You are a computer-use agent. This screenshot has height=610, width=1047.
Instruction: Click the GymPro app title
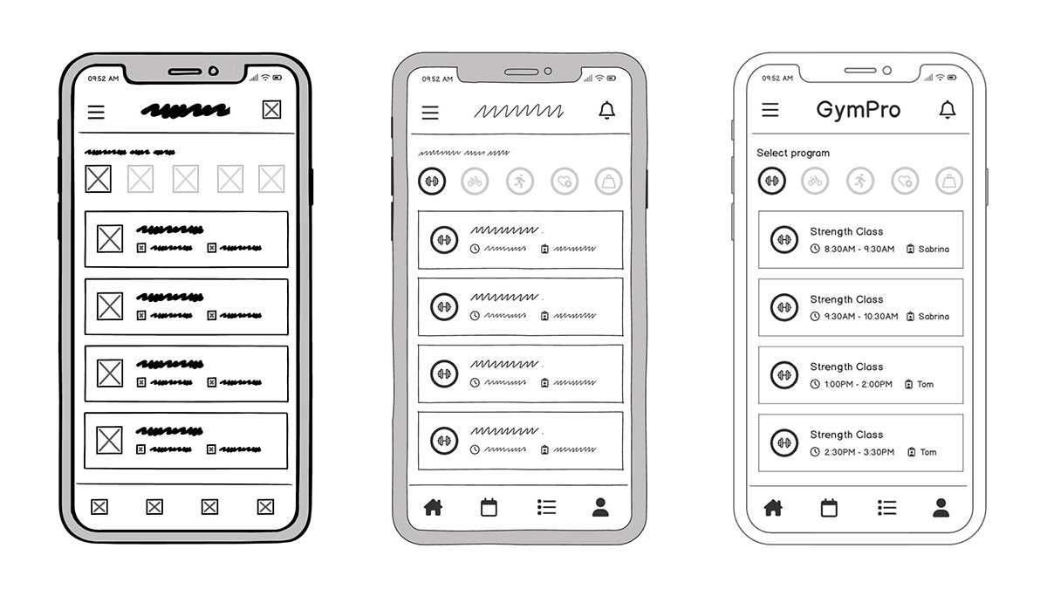(858, 110)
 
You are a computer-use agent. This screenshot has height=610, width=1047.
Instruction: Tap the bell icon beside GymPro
(947, 110)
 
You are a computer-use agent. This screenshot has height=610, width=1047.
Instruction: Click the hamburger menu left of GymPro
(770, 110)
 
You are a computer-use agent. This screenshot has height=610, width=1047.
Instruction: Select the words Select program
(793, 153)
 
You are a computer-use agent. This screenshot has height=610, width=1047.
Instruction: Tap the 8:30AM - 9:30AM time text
(859, 249)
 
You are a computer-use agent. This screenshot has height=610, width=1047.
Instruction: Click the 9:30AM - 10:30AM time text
(859, 317)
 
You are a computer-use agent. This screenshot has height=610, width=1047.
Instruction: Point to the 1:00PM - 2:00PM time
(857, 384)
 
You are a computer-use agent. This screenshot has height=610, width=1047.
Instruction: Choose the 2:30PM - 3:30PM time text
(857, 452)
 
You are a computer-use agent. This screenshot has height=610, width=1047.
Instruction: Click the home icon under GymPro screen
(773, 508)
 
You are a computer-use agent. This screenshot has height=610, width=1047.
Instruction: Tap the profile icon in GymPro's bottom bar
(941, 508)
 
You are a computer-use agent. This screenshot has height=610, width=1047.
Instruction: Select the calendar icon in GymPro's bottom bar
(829, 508)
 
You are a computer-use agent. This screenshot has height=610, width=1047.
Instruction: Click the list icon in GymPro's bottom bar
(886, 508)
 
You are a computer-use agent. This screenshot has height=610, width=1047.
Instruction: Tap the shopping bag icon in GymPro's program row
(949, 182)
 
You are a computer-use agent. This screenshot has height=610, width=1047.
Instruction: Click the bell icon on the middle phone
(607, 111)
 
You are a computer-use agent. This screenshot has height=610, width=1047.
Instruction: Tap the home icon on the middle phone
(433, 508)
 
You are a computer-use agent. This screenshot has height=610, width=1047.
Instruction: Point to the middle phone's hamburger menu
(430, 113)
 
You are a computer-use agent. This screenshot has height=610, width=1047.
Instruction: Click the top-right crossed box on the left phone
(272, 110)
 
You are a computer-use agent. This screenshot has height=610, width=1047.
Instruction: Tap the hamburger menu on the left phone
(96, 112)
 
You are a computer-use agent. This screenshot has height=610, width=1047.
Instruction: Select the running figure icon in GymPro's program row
(859, 182)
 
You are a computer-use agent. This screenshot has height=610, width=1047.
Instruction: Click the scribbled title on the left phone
(186, 111)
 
